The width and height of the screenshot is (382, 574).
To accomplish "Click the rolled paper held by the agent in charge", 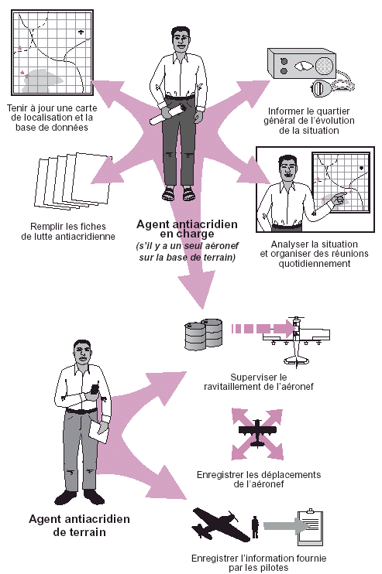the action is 170,114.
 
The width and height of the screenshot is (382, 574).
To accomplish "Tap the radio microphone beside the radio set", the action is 322,89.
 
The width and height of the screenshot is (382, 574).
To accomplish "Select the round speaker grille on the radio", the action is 324,67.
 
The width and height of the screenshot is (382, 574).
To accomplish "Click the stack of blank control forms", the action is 73,181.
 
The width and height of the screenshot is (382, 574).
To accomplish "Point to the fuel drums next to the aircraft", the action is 203,333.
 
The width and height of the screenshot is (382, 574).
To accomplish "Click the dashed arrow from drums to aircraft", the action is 263,328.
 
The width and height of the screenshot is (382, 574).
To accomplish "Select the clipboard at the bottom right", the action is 310,527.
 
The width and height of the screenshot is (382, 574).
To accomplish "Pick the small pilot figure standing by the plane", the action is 255,527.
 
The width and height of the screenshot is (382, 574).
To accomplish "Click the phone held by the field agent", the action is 95,390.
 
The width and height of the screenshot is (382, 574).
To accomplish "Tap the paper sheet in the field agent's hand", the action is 98,432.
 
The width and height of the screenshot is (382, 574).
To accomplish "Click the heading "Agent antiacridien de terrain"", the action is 79,525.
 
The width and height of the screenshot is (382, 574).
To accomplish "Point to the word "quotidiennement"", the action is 315,264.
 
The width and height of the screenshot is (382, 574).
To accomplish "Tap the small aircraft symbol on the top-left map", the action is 81,32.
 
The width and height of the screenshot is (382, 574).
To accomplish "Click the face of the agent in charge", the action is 181,42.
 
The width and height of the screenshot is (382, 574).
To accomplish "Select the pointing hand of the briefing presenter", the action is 340,198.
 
